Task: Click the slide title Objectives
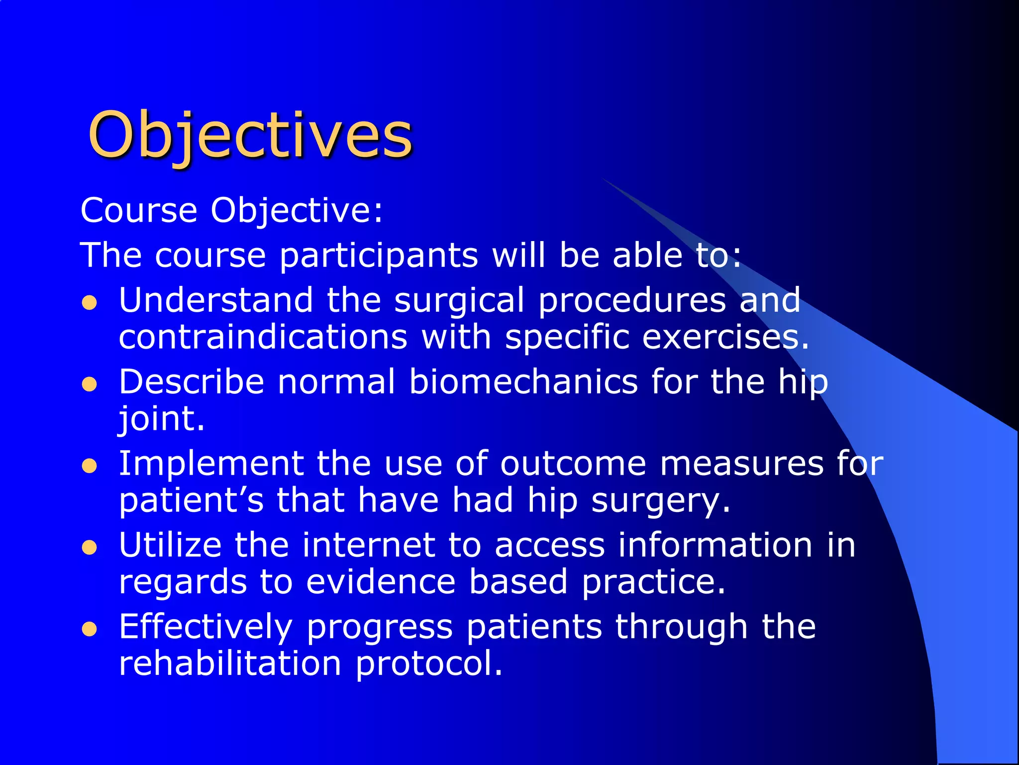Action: click(250, 135)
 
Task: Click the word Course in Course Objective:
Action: click(139, 210)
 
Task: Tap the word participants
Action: click(378, 255)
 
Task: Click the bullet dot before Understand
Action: click(89, 303)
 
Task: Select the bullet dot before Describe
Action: click(89, 384)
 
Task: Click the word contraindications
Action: click(263, 337)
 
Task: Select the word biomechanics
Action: click(523, 382)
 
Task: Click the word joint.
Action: click(161, 419)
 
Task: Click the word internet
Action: click(368, 545)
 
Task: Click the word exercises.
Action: click(725, 338)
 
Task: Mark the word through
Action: click(681, 628)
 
